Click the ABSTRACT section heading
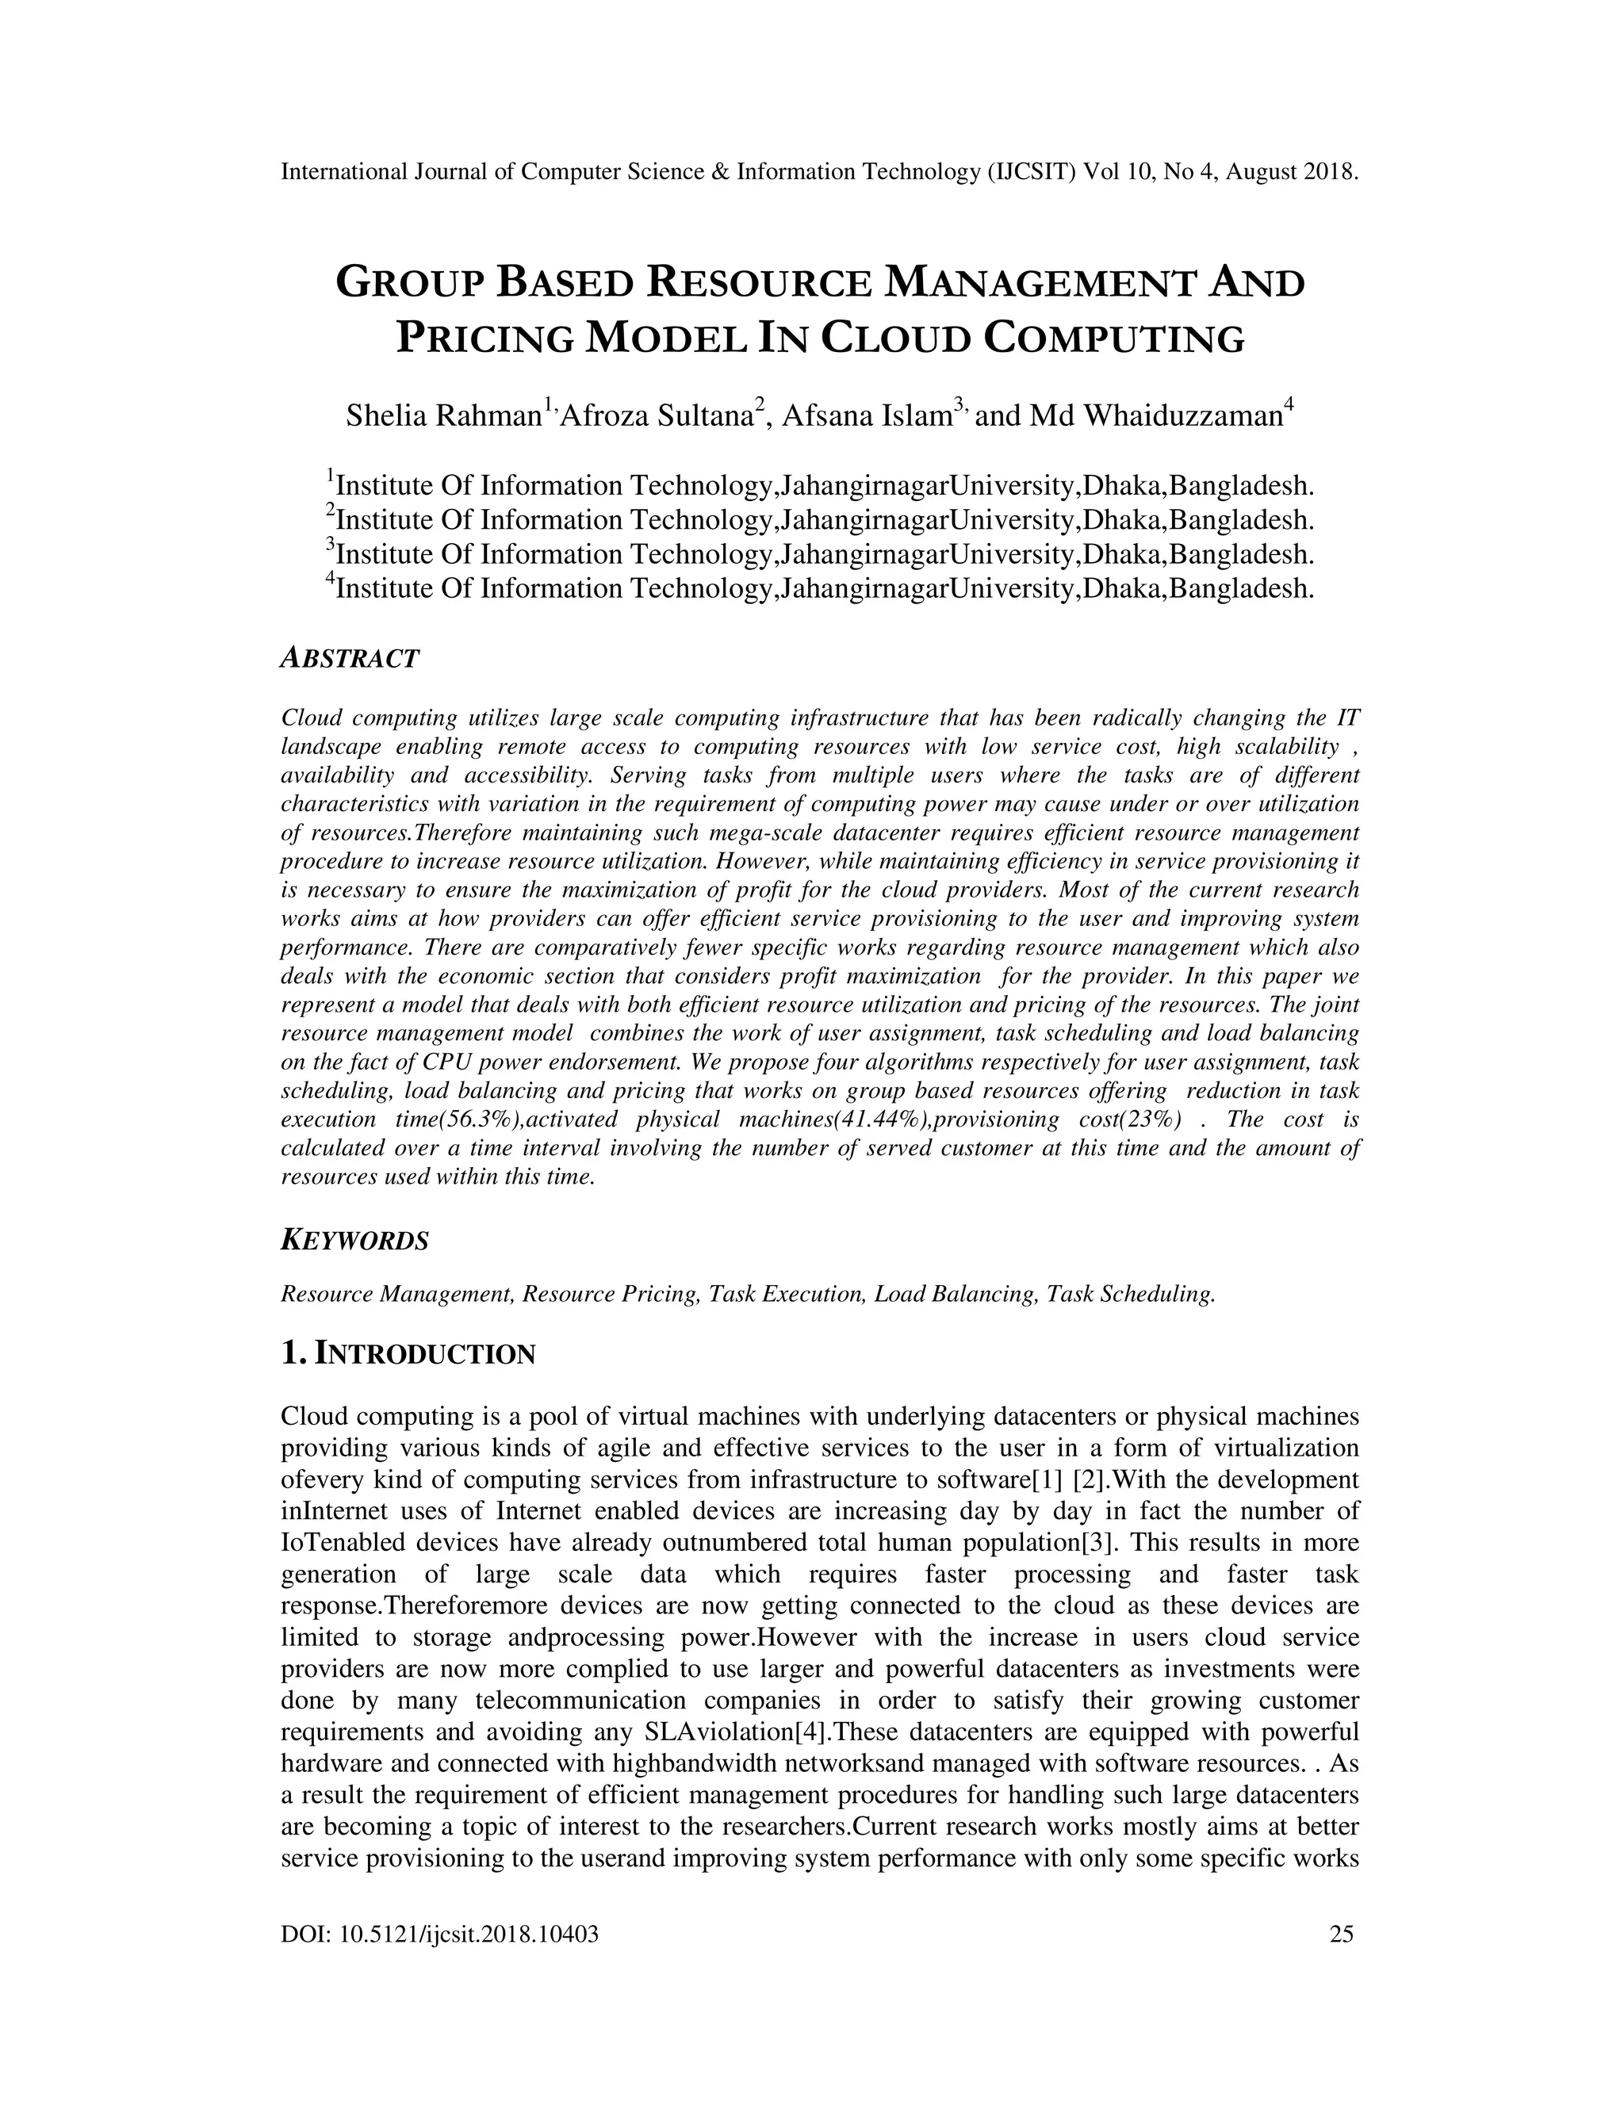pos(349,659)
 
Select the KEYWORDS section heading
pos(354,1241)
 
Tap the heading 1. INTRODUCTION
pos(408,1353)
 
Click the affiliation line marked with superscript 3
pos(821,554)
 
